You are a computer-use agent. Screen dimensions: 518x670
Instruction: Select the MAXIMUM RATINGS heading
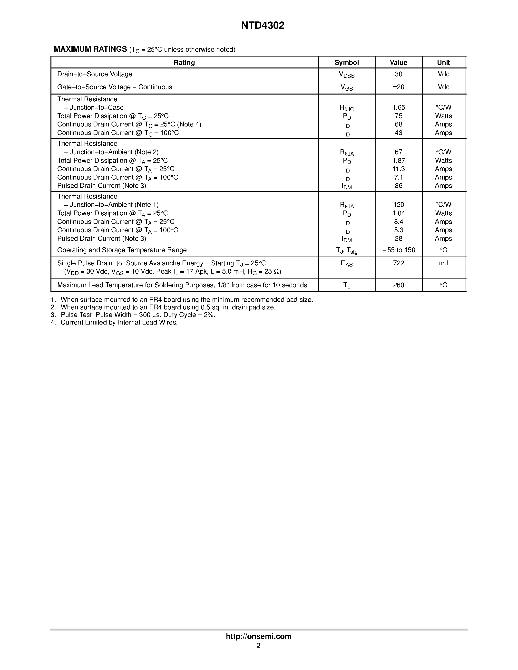coord(90,49)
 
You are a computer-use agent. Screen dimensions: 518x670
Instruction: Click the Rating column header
coord(184,63)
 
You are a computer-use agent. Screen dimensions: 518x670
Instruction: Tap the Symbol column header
coord(346,63)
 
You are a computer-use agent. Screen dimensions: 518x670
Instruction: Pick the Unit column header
coord(443,63)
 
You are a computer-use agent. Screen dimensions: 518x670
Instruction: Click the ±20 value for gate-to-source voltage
coord(398,87)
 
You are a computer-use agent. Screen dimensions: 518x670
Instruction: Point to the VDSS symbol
coord(346,75)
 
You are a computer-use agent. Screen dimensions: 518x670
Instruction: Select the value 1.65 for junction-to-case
coord(398,107)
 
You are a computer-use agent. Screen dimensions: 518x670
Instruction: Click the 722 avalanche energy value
coord(398,263)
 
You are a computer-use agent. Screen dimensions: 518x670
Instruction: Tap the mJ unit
coord(443,263)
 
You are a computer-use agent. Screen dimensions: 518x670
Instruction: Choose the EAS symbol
coord(346,264)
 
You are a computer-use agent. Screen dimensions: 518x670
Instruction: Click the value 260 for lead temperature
coord(398,285)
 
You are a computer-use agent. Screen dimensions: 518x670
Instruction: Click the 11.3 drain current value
coord(398,169)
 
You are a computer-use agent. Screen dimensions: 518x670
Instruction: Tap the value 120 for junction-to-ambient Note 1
coord(398,205)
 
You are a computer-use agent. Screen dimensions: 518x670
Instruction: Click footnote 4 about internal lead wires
coord(114,322)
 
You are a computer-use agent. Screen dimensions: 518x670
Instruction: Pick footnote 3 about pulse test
coord(133,315)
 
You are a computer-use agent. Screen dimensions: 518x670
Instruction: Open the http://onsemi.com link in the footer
coord(258,636)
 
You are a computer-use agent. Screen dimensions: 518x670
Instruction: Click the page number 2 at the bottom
coord(259,645)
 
